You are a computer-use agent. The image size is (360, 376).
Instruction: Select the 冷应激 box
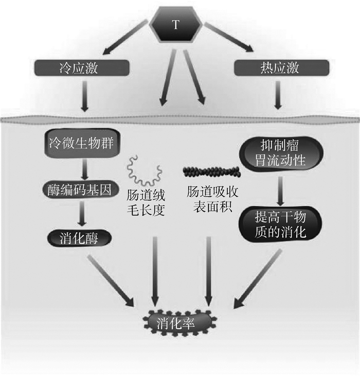(x=81, y=67)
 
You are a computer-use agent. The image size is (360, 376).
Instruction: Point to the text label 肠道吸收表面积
(x=210, y=199)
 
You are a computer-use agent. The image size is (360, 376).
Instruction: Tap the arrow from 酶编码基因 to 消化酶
(x=82, y=213)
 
